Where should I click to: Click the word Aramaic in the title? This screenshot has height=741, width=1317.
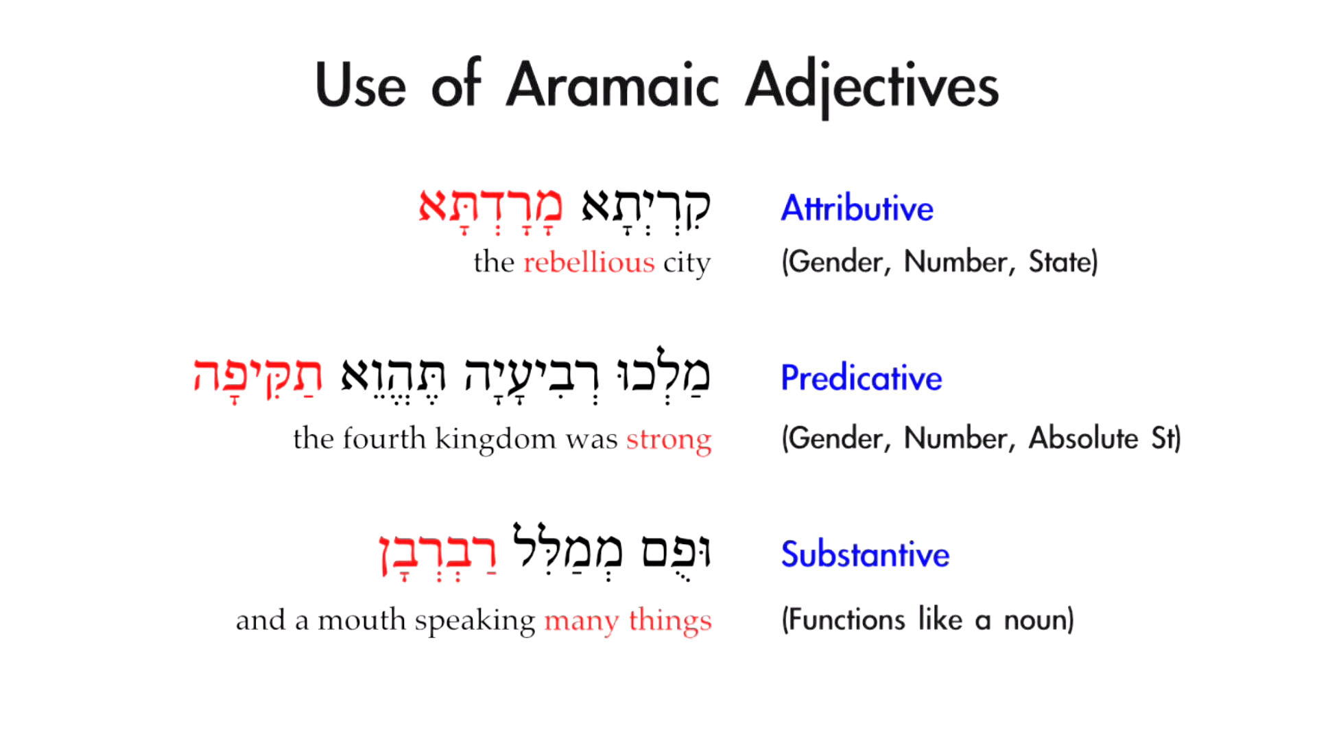[613, 86]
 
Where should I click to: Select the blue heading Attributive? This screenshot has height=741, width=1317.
[857, 208]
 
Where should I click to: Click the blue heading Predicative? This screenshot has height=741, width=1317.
[862, 377]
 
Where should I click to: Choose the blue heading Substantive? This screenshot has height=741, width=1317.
[865, 554]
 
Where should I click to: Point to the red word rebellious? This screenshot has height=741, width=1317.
[589, 263]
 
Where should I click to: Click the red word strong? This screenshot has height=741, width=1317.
[669, 439]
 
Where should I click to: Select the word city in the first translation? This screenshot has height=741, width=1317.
[687, 263]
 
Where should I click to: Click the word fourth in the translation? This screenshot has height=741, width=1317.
[384, 439]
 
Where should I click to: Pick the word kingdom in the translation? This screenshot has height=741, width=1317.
[495, 439]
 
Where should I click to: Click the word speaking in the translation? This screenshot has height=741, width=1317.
[475, 620]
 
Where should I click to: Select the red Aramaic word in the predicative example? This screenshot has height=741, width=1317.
[257, 376]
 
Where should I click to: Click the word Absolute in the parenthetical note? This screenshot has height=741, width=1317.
[1083, 438]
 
